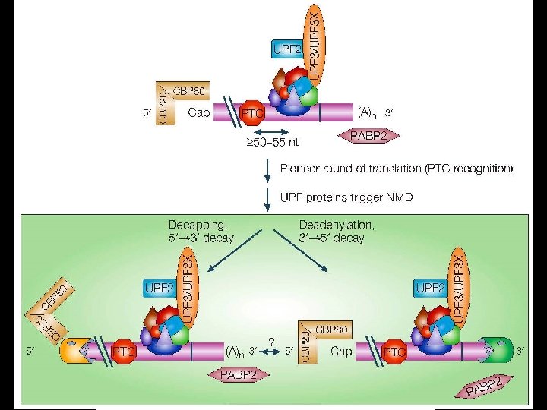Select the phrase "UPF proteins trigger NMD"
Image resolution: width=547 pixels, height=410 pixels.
pos(346,197)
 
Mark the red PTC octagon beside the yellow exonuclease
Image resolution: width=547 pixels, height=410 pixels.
pos(123,352)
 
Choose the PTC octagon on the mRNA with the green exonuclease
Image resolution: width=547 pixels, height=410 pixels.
pos(394,352)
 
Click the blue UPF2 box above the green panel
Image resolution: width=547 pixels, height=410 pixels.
pos(288,50)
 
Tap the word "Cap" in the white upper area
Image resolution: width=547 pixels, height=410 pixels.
pos(199,113)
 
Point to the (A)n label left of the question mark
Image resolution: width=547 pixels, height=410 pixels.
pos(236,352)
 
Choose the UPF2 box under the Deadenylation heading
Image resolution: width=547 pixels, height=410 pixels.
pos(430,288)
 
